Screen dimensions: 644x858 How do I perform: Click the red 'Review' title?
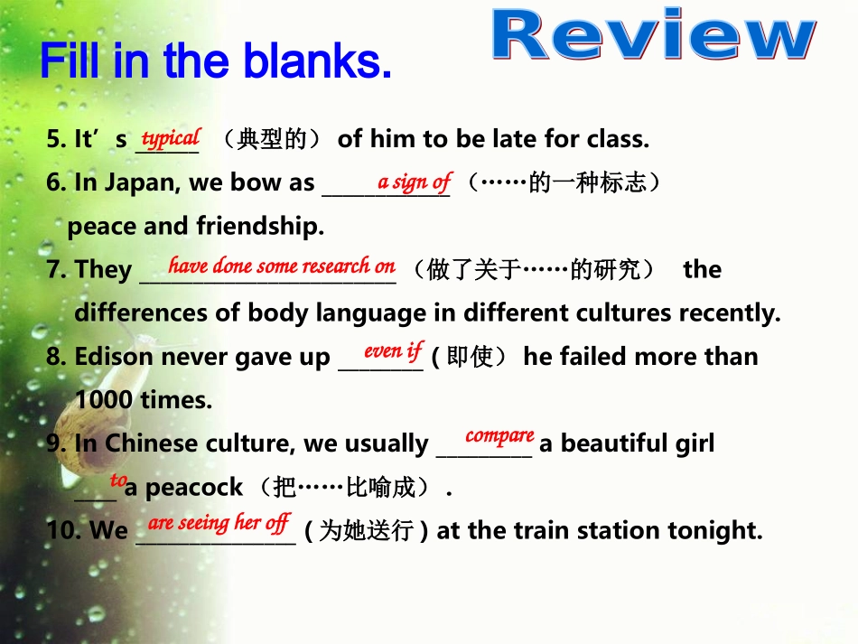tap(655, 37)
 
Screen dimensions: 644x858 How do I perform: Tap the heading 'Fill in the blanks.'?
tap(216, 61)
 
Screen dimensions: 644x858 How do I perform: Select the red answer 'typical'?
tap(171, 138)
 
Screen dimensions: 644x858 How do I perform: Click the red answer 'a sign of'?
tap(414, 182)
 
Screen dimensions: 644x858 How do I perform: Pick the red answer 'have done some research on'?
tap(281, 266)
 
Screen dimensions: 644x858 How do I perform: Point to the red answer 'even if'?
tap(393, 350)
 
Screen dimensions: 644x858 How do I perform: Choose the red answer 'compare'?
tap(499, 436)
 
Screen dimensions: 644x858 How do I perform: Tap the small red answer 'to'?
tap(118, 481)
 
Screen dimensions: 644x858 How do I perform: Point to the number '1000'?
tap(105, 399)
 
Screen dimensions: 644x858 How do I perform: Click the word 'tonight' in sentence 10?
tap(714, 531)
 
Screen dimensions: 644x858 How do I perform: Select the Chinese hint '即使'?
tap(470, 358)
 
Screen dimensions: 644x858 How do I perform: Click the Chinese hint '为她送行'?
tap(367, 532)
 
